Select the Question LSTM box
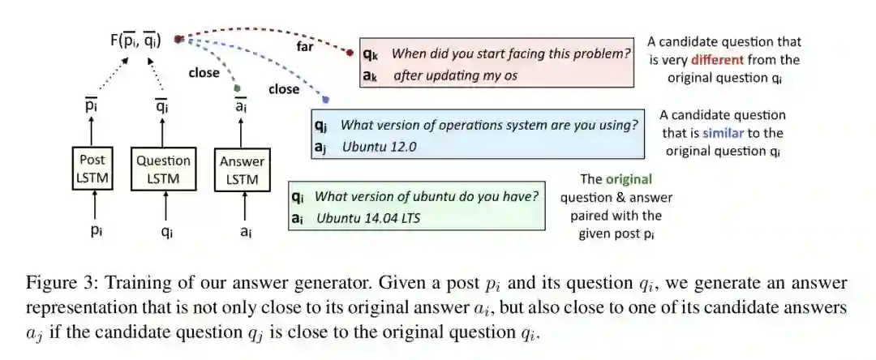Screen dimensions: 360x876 (163, 169)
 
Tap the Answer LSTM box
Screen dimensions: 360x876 (242, 169)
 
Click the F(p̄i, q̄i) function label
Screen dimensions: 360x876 (135, 39)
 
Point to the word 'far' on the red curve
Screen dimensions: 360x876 (306, 46)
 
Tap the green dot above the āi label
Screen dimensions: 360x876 (237, 87)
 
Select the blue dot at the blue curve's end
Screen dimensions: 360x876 (325, 100)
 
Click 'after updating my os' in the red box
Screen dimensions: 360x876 (455, 75)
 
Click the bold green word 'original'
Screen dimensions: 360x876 (629, 179)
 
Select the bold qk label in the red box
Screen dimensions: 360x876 (370, 54)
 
